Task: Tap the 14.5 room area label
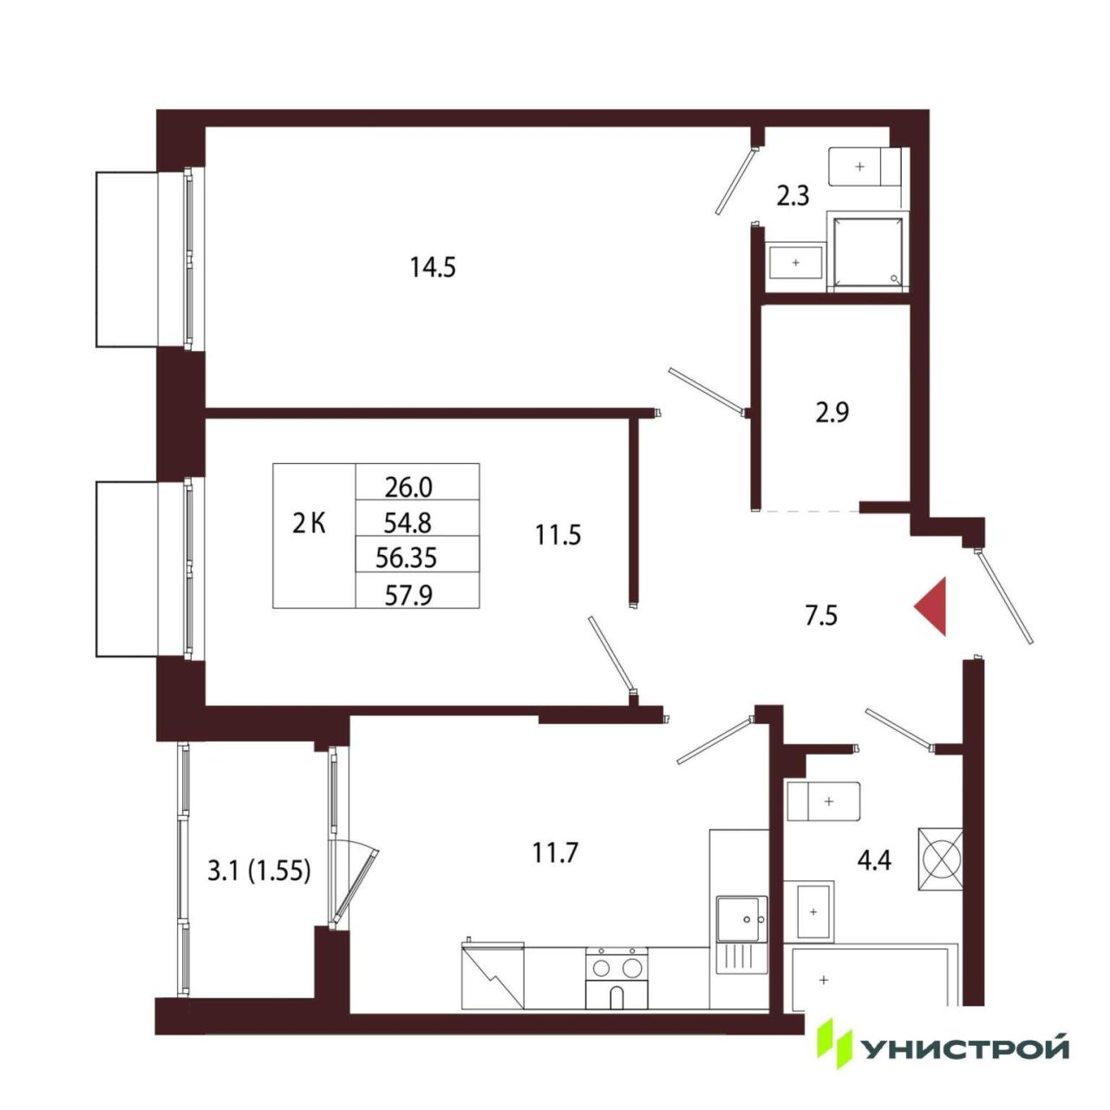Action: point(433,267)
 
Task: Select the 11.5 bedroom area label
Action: point(558,535)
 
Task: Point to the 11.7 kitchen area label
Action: point(554,852)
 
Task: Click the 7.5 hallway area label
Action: point(821,616)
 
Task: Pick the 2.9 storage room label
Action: point(832,413)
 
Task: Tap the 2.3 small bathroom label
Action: point(793,197)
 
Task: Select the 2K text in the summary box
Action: point(310,524)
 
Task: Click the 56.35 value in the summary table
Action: point(406,558)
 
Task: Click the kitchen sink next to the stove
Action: point(741,934)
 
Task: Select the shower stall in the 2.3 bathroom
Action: point(867,251)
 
